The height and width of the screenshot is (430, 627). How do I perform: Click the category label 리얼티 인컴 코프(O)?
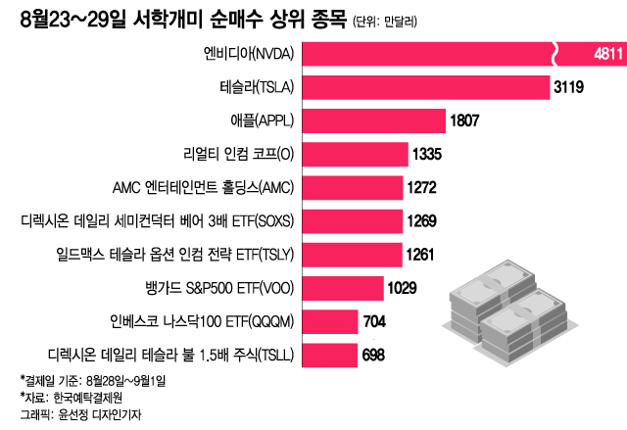pyautogui.click(x=239, y=155)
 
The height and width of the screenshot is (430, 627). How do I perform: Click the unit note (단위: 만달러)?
pyautogui.click(x=391, y=21)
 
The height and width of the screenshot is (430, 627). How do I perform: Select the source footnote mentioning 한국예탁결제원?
pyautogui.click(x=72, y=398)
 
